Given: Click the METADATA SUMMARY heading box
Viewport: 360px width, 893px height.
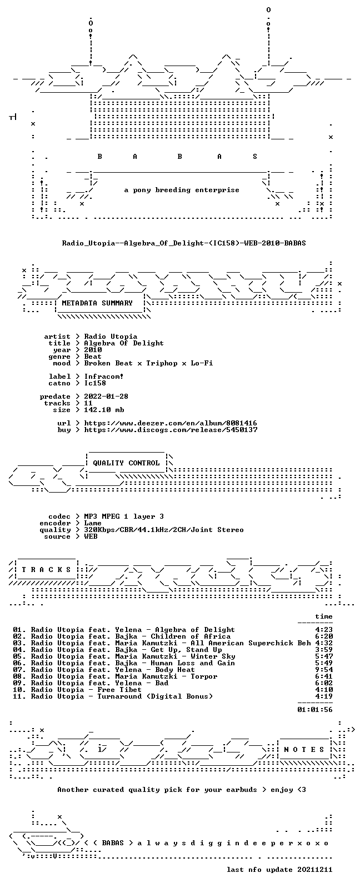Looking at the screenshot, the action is click(97, 303).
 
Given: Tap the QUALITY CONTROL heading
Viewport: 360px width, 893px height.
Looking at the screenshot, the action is click(126, 463).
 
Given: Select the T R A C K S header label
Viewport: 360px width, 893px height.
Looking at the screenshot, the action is click(46, 570).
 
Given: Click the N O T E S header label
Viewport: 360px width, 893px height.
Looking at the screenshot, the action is click(304, 750).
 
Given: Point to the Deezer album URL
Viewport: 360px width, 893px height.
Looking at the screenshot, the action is click(171, 423).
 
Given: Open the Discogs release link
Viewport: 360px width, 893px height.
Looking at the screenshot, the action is click(171, 430).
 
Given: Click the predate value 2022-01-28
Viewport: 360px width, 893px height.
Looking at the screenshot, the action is click(106, 397).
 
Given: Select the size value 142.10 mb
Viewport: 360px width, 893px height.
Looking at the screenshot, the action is click(104, 410).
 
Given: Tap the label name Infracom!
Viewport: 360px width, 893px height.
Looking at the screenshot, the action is click(104, 377).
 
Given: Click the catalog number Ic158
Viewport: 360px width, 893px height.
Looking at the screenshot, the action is click(95, 383).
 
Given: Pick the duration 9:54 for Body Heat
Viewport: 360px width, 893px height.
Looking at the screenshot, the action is click(324, 670).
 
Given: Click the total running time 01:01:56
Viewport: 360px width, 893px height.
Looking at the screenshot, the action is click(315, 710).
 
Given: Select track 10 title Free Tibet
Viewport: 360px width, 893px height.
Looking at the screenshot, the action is click(119, 690).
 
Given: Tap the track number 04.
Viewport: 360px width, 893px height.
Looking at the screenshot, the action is click(18, 650).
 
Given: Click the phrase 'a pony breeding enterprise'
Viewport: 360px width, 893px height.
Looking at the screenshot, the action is click(182, 190).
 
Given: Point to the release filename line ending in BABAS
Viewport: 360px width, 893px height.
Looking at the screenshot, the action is click(184, 243).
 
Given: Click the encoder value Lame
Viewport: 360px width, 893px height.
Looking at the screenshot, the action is click(92, 523).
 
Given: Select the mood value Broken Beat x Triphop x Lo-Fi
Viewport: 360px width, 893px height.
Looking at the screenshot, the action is click(148, 363).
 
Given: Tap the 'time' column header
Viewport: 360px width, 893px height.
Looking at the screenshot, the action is click(324, 617).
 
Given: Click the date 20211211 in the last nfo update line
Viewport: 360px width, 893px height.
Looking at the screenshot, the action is click(315, 870).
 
